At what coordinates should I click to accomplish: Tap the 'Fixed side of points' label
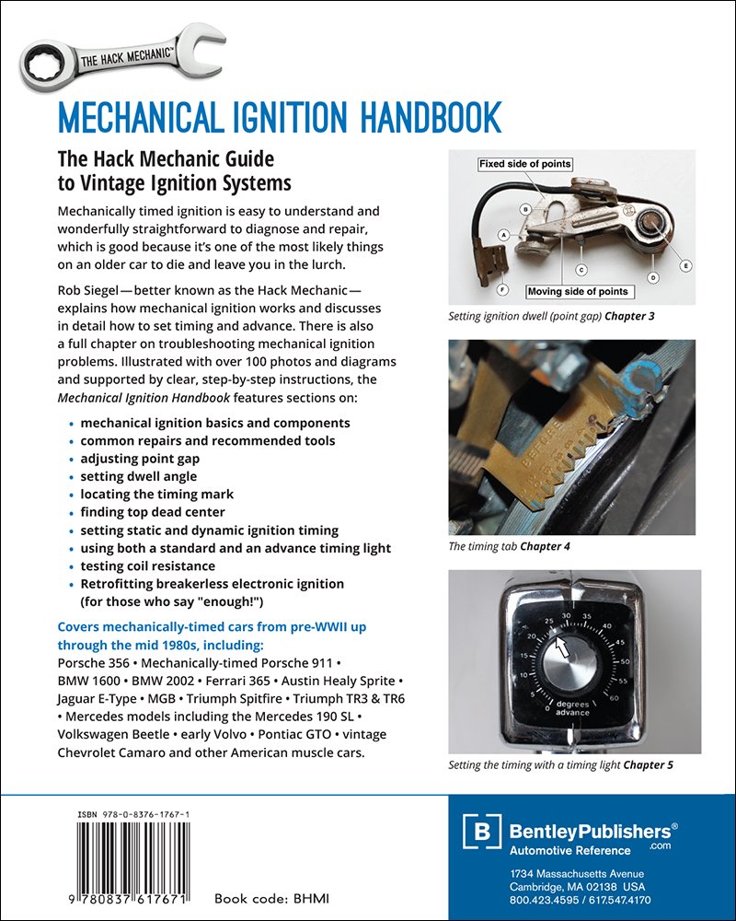tap(525, 164)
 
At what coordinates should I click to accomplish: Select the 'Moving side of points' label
tap(578, 292)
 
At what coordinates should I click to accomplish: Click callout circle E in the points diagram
tap(684, 265)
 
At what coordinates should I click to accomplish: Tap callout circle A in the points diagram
tap(503, 236)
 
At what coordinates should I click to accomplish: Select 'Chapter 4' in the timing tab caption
tap(546, 546)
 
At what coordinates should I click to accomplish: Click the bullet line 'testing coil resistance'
tap(147, 565)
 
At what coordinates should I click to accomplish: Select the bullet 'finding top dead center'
tap(152, 512)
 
